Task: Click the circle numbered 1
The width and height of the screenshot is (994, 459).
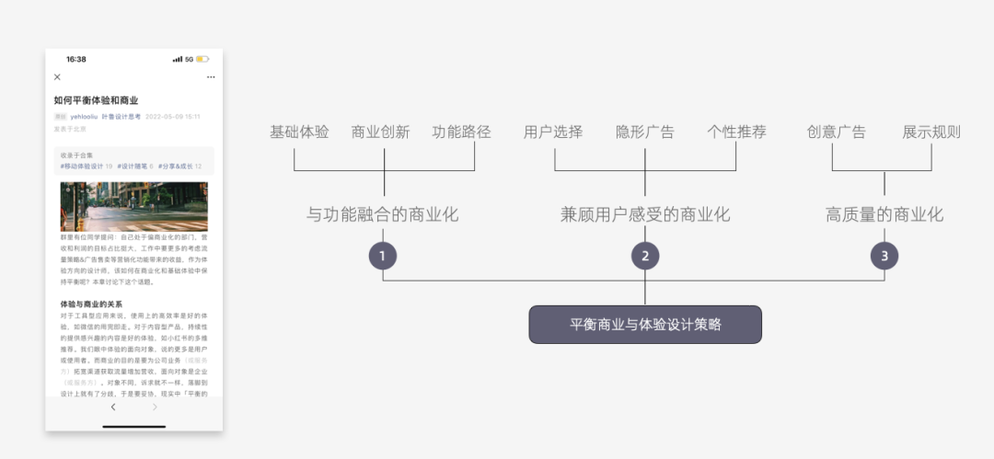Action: point(383,256)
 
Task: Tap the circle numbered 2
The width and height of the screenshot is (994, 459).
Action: point(645,256)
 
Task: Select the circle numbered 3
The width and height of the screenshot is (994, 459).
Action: point(884,256)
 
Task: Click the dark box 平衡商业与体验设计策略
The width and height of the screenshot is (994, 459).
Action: point(645,325)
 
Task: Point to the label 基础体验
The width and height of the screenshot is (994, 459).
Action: point(299,132)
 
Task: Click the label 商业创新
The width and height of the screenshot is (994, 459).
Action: point(381,132)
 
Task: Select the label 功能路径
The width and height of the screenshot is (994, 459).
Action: point(462,132)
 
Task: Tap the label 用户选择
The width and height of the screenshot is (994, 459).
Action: point(553,132)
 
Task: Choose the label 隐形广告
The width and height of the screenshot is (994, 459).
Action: point(645,132)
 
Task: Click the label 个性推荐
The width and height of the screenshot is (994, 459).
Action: point(736,132)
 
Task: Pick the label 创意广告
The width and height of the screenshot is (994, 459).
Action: point(836,132)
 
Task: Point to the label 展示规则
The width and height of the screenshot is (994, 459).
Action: point(931,132)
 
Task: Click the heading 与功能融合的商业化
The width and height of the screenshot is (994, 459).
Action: point(382,214)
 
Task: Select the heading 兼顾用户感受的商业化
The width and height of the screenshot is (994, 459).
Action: point(645,214)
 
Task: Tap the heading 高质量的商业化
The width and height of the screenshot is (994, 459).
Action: point(884,214)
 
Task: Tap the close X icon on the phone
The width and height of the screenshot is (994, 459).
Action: point(57,77)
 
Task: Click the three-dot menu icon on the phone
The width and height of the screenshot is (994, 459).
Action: point(211,77)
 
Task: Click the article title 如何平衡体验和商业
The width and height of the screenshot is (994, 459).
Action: point(96,99)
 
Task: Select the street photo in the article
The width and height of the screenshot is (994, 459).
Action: point(134,206)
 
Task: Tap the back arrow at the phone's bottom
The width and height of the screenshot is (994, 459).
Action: point(113,407)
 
